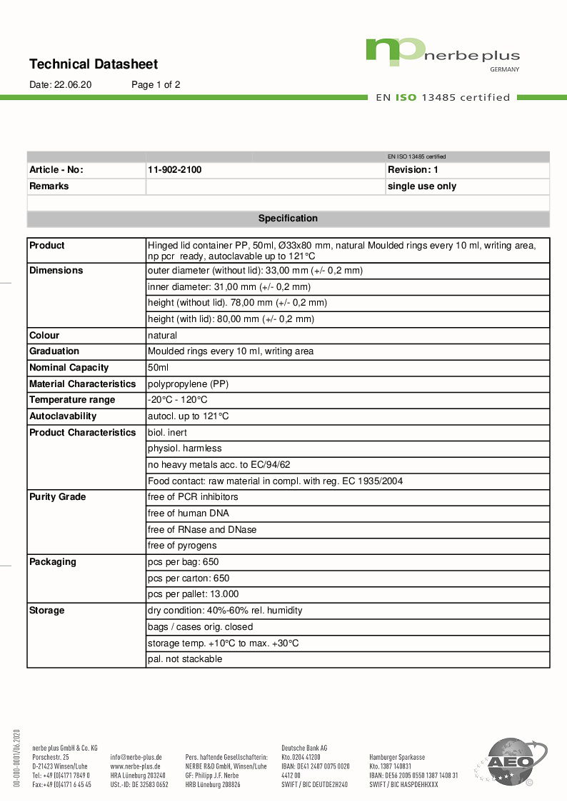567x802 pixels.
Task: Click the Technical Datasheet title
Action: [x=94, y=64]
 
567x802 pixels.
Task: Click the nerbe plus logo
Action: [x=442, y=54]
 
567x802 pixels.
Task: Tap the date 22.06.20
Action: [x=61, y=84]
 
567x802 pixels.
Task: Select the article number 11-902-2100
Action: [x=179, y=170]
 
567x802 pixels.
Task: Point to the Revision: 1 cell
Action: [x=413, y=170]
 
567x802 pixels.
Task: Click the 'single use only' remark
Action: [x=421, y=186]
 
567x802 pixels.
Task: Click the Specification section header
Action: [x=288, y=219]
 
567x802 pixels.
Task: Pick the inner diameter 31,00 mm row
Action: [x=229, y=287]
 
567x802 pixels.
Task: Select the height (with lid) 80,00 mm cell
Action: [x=231, y=319]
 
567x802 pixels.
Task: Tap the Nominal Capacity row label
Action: [x=69, y=368]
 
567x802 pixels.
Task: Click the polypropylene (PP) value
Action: [x=188, y=384]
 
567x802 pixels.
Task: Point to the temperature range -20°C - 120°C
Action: [x=177, y=400]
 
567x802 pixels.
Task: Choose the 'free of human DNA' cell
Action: [x=188, y=513]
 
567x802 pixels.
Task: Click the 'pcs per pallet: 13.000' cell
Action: [x=193, y=594]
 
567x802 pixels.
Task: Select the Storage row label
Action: [x=47, y=611]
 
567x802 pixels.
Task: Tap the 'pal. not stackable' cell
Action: [x=184, y=659]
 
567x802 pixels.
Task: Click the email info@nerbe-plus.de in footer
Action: [x=136, y=757]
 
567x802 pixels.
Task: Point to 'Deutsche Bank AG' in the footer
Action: [x=304, y=748]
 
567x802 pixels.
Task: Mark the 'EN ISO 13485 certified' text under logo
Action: [x=443, y=98]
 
